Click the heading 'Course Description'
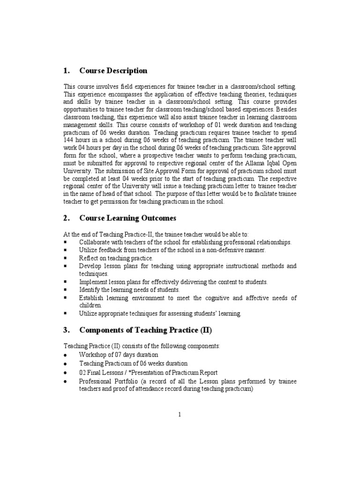click(x=113, y=71)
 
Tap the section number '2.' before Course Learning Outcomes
click(x=66, y=218)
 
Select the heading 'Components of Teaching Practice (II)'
click(x=146, y=330)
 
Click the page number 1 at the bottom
click(x=180, y=414)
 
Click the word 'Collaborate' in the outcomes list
click(x=95, y=242)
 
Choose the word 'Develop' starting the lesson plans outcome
click(x=90, y=266)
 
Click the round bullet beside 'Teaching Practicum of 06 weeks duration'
click(x=66, y=364)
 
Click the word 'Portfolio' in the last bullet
click(x=127, y=382)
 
